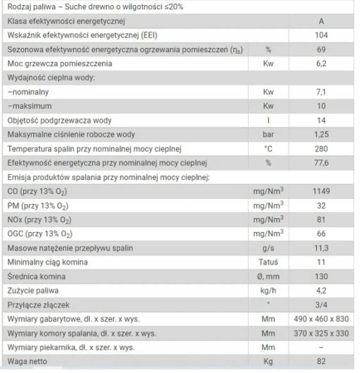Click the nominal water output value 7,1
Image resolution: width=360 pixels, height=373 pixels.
point(321,120)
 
